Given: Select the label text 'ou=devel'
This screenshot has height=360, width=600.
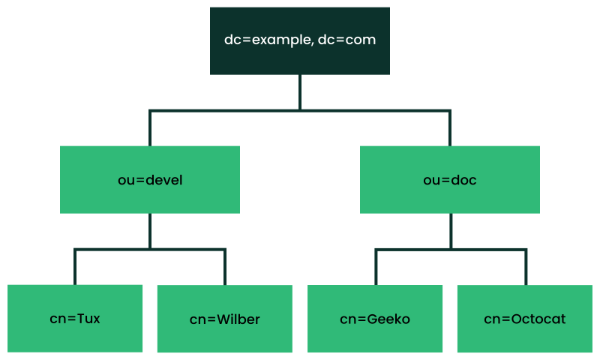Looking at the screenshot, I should click(150, 180).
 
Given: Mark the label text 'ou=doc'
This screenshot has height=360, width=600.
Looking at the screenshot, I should click(450, 180).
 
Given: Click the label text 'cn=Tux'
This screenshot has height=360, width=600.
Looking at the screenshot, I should click(75, 319).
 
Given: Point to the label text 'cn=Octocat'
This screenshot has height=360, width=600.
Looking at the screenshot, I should click(524, 319).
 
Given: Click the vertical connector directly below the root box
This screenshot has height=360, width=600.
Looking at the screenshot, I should click(300, 91).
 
